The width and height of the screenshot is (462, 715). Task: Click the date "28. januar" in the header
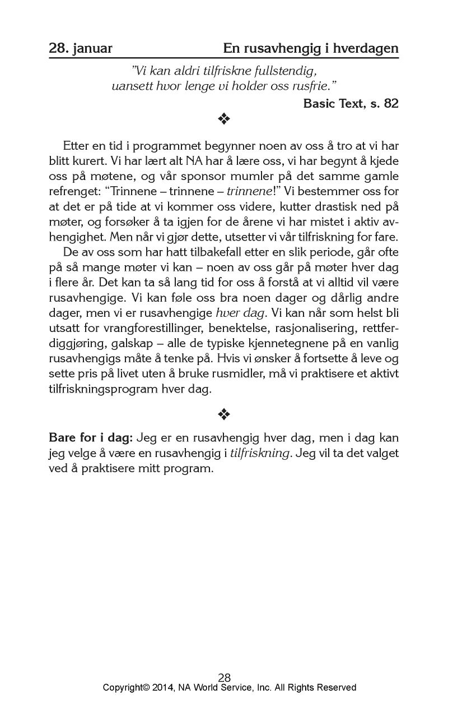(x=81, y=49)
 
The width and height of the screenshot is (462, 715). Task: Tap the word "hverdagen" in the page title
(x=366, y=49)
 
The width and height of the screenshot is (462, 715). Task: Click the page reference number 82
(x=391, y=104)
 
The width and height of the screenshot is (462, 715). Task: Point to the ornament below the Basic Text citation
(x=224, y=119)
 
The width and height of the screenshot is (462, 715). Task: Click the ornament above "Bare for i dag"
(x=224, y=414)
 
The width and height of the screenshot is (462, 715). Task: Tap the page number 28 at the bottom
(x=224, y=677)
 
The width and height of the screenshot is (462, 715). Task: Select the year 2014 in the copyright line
(x=164, y=688)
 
